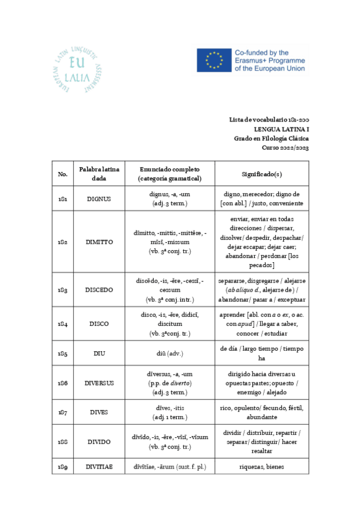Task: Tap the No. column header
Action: coord(63,174)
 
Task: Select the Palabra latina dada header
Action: coord(99,174)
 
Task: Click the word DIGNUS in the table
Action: coord(99,199)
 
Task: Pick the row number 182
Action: coord(63,242)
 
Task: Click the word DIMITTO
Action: coord(99,242)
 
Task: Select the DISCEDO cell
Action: coord(99,289)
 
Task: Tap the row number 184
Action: coord(63,324)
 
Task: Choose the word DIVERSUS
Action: coord(99,382)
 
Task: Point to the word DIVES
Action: coord(99,412)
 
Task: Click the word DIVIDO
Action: coord(99,441)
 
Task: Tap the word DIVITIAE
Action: coord(99,466)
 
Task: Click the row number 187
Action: coord(63,412)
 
